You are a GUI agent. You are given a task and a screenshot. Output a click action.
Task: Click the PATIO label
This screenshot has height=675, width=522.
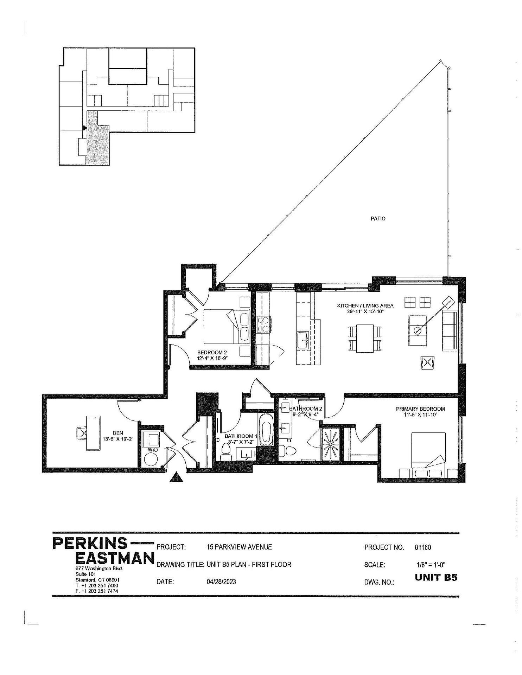(x=378, y=219)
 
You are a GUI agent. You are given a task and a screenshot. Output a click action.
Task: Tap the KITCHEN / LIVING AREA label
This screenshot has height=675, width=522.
(x=365, y=306)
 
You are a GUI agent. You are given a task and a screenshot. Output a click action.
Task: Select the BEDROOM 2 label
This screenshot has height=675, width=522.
(x=210, y=353)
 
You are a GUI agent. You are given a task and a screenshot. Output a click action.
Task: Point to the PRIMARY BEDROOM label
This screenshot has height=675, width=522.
(x=420, y=409)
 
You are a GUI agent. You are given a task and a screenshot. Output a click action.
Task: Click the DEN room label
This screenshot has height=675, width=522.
(x=118, y=433)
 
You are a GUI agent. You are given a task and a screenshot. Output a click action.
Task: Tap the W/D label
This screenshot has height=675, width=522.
(x=152, y=450)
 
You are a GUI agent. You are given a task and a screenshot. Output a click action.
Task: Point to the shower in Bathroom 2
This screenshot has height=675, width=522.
(x=331, y=444)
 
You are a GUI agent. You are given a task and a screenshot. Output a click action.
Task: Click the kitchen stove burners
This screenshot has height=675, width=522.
(x=263, y=325)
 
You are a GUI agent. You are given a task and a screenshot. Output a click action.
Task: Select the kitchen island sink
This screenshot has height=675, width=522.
(x=304, y=339)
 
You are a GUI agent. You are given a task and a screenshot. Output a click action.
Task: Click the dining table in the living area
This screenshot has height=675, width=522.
(x=364, y=338)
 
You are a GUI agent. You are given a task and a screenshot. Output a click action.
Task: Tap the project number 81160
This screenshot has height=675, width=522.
(x=423, y=547)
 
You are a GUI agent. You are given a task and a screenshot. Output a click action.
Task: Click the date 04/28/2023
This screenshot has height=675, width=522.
(x=222, y=582)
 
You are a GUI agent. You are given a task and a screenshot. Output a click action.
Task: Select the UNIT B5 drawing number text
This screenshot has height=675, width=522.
(x=436, y=578)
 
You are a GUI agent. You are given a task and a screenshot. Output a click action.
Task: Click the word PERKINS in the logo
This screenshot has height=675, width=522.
(x=90, y=544)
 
